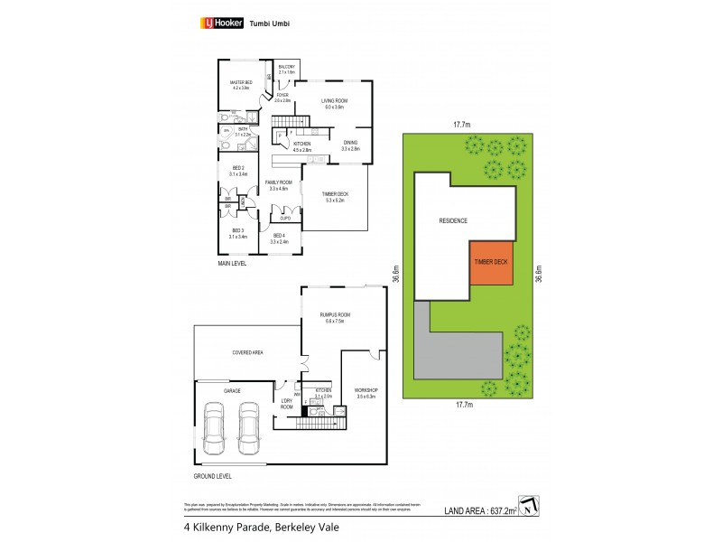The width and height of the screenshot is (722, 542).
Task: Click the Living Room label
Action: click(335, 103)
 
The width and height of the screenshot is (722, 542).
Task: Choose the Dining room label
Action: click(351, 145)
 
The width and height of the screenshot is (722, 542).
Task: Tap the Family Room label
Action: click(278, 185)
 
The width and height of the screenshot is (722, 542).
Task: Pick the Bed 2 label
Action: click(237, 173)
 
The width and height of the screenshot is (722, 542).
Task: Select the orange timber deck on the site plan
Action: click(491, 262)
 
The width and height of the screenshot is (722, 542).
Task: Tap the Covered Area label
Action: click(246, 352)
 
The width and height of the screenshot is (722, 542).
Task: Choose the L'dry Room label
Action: click(287, 404)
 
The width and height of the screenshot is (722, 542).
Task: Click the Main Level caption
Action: click(232, 264)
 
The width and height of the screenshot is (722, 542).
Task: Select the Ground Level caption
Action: click(212, 475)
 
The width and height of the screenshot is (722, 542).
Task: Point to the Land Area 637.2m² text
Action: click(483, 510)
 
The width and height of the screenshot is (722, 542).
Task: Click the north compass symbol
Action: click(528, 503)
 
